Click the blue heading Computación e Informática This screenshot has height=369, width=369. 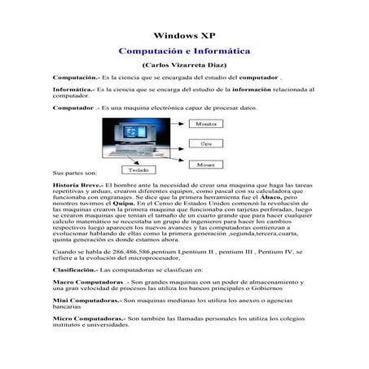[184, 50]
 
